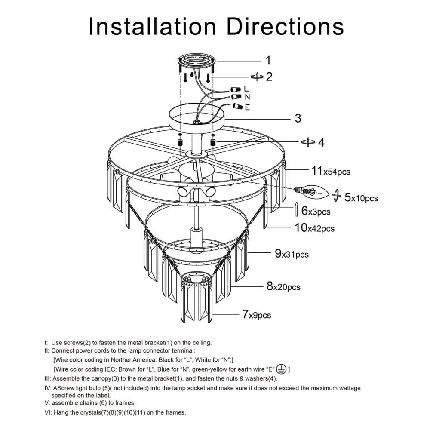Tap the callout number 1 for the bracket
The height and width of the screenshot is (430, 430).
[267, 60]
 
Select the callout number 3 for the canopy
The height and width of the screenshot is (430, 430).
[298, 118]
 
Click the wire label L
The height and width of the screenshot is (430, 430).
[246, 89]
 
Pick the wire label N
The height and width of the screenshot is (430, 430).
[247, 97]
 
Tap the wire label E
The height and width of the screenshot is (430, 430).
[247, 107]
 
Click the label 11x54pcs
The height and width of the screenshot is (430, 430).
[331, 171]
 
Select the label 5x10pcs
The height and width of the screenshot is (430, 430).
[361, 198]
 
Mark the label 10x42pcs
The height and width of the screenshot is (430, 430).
[314, 228]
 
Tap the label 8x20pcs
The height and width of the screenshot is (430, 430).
[283, 286]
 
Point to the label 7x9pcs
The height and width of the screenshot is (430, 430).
[256, 315]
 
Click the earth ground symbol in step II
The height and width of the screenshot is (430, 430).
[282, 369]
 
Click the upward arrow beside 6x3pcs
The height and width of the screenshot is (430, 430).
[297, 210]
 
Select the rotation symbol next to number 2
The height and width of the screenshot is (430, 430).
[257, 77]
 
